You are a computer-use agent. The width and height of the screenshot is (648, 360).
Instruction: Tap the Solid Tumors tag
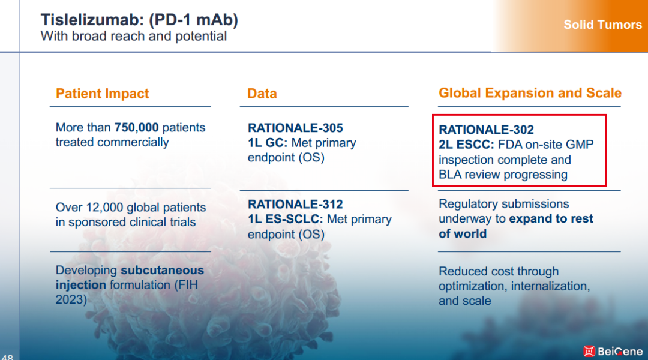[x=602, y=25]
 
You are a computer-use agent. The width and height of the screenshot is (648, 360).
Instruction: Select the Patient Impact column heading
[x=102, y=94]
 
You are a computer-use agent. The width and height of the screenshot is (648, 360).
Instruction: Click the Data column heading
[x=262, y=94]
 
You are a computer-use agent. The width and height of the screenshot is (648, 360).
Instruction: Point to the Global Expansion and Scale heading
[x=530, y=93]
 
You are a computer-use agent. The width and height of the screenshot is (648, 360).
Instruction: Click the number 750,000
[x=136, y=127]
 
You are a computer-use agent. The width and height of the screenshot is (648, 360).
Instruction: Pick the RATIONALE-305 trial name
[x=295, y=128]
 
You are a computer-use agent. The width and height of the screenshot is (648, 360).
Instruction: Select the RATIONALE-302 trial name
[x=486, y=130]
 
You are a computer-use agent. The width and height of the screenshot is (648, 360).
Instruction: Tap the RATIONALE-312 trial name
[x=295, y=204]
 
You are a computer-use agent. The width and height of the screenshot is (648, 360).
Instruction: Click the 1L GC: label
[x=268, y=143]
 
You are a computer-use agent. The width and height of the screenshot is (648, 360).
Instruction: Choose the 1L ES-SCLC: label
[x=286, y=219]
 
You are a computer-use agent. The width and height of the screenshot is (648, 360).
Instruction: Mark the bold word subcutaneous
[x=163, y=271]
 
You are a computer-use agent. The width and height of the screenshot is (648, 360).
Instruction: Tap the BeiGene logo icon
[x=589, y=352]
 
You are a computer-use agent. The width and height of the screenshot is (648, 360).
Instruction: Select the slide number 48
[x=7, y=357]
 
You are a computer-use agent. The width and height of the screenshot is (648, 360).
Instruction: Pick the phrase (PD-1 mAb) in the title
[x=193, y=20]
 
